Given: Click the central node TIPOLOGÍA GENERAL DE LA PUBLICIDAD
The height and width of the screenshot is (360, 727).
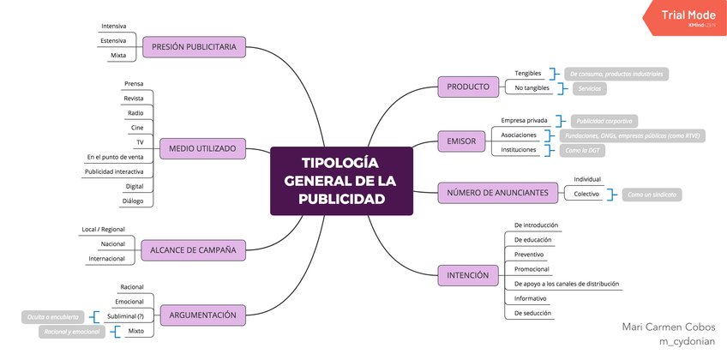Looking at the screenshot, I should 341,181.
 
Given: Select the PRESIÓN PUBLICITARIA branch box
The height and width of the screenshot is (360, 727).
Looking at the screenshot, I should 195,47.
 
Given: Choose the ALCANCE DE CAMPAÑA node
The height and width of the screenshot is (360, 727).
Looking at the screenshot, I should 193,249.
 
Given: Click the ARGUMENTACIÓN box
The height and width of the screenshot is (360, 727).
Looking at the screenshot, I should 203,315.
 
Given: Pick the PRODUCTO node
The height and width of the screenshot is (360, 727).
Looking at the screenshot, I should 468,87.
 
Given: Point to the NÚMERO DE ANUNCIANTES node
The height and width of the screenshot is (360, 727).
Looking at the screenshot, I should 497,193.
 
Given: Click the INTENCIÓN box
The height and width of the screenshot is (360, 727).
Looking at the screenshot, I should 467,275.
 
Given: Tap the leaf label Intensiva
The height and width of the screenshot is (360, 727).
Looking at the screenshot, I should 113,26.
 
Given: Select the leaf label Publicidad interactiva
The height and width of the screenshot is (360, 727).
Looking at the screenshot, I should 114,171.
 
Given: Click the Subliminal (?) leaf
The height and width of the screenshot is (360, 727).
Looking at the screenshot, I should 125,316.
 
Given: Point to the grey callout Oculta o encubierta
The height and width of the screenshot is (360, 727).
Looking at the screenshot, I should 52,317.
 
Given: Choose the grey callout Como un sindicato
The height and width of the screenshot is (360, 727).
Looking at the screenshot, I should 652,195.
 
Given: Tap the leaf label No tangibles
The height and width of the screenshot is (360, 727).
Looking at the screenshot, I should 532,88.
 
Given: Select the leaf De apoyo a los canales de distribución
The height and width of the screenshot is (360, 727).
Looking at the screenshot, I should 566,283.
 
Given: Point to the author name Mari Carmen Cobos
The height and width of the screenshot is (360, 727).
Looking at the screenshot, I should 669,327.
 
